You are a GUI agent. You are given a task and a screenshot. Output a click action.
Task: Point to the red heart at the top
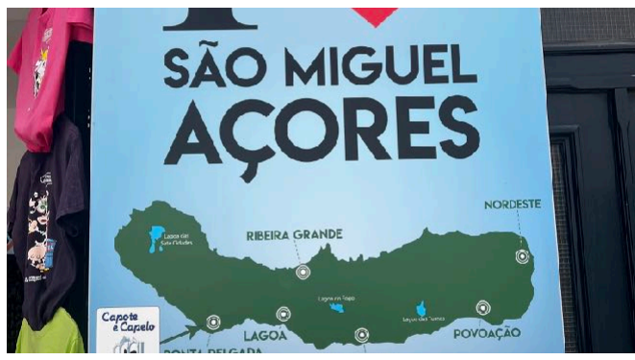pyautogui.click(x=375, y=14)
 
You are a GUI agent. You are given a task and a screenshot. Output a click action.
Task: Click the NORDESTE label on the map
pyautogui.click(x=512, y=204)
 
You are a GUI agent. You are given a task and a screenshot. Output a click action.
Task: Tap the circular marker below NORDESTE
pyautogui.click(x=522, y=256)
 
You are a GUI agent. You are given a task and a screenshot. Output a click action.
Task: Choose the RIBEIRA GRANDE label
pyautogui.click(x=294, y=234)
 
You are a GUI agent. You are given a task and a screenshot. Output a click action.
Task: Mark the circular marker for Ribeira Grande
pyautogui.click(x=303, y=272)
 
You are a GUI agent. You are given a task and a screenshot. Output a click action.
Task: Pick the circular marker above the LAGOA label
pyautogui.click(x=283, y=314)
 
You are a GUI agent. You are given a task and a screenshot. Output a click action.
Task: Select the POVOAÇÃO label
pyautogui.click(x=487, y=332)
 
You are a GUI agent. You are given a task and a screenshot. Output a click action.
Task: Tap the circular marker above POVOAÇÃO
pyautogui.click(x=483, y=308)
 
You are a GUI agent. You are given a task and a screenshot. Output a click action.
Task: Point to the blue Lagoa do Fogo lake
pyautogui.click(x=336, y=307)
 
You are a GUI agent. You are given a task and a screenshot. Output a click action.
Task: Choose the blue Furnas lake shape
pyautogui.click(x=421, y=309)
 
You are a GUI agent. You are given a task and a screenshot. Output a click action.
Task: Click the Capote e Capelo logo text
pyautogui.click(x=128, y=323)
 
